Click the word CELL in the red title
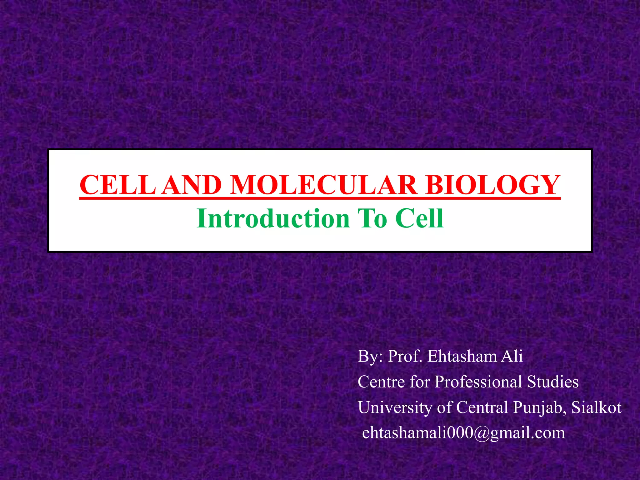pos(117,185)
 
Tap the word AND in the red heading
pos(192,185)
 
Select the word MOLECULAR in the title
pos(324,185)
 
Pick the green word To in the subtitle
pos(372,218)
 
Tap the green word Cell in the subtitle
pos(419,218)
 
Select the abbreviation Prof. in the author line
pos(405,356)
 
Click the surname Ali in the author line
pos(512,356)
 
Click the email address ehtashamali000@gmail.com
pos(463,433)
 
